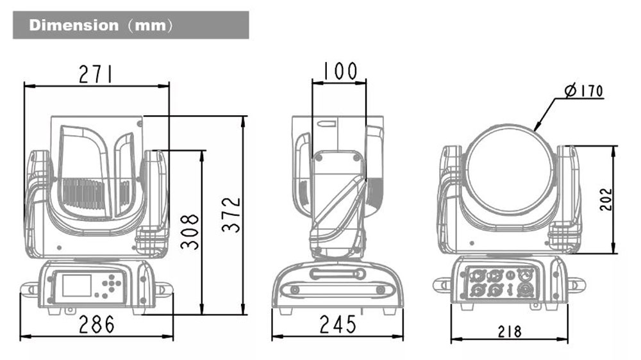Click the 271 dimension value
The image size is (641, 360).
96,74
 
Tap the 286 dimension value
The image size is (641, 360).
97,325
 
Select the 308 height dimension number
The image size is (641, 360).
190,231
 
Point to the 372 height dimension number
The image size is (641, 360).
231,215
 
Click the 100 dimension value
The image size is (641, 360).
340,71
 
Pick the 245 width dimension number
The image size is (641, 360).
338,325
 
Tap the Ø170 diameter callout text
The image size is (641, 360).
584,90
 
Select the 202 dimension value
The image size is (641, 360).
606,199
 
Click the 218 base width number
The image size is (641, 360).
510,331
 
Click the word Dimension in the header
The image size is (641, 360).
74,26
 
